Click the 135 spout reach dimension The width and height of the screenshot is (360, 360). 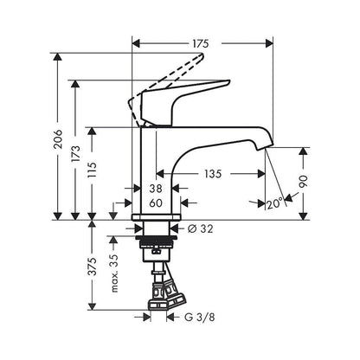click(x=213, y=173)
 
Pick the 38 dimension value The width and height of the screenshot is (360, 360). click(x=156, y=188)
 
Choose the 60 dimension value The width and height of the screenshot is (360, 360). click(x=156, y=203)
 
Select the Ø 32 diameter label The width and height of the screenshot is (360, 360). click(x=201, y=230)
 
